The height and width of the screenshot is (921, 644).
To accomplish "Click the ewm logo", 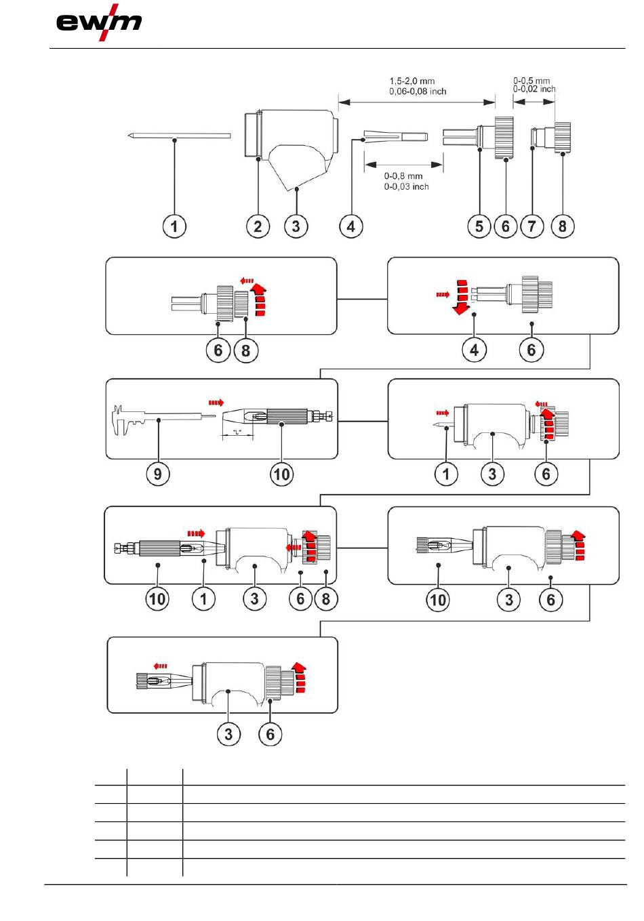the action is click(99, 22).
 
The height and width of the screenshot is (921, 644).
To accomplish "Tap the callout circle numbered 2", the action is click(258, 226).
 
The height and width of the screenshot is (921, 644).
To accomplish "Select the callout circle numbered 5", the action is click(479, 226).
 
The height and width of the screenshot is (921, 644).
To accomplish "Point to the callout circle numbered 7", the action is click(532, 226).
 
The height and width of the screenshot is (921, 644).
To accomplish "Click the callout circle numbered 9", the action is click(158, 474).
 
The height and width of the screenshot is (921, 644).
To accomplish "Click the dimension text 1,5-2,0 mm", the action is click(412, 81).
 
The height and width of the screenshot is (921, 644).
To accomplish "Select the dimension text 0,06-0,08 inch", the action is click(418, 91).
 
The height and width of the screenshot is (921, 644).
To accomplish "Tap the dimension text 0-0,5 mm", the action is click(531, 81).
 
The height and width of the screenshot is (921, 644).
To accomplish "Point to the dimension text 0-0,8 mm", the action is click(403, 176).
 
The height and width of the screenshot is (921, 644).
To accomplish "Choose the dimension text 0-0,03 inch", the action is click(406, 186).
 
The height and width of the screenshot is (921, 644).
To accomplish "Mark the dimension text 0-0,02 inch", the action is click(534, 89).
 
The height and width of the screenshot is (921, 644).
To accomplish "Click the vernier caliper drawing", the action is click(163, 419).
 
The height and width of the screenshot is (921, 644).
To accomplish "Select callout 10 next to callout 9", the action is click(282, 474).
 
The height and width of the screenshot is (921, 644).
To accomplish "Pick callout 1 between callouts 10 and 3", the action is click(203, 598).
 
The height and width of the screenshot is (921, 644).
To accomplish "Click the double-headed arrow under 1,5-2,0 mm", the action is click(417, 102).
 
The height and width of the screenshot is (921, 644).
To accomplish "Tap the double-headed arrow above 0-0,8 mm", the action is click(403, 165).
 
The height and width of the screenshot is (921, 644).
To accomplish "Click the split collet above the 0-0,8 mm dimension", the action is click(396, 136).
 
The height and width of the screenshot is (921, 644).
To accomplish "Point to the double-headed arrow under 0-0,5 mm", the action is click(534, 102).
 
